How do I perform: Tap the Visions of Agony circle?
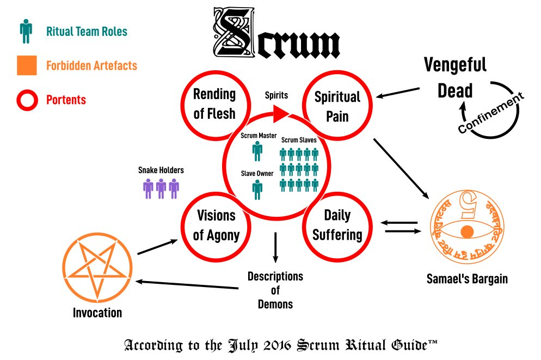(x=217, y=225)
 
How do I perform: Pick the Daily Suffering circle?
(x=336, y=225)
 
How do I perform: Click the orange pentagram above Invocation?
(x=98, y=268)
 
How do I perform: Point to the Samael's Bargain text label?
(x=467, y=279)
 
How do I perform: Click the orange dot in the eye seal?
(x=466, y=231)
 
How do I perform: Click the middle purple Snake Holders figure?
(x=161, y=188)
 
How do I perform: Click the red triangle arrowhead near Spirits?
(x=280, y=113)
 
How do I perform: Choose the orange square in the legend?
(x=26, y=65)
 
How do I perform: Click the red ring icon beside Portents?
(x=26, y=100)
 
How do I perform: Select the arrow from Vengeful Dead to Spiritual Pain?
(x=398, y=93)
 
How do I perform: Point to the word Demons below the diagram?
(x=275, y=304)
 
